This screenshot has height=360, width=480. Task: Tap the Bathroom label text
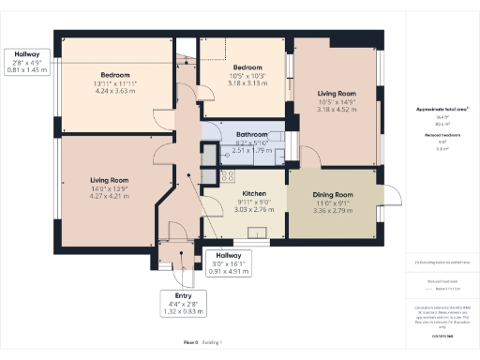coord(250,134)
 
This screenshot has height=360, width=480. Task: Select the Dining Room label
coord(333,194)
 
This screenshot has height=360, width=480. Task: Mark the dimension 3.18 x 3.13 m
coord(247,82)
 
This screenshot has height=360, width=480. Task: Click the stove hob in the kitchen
coord(228,174)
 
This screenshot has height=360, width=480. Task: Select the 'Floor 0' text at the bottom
coord(191,344)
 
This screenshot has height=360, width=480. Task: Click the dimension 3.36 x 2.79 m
coord(333,211)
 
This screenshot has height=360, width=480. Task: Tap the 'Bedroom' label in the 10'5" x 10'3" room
coord(247,67)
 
